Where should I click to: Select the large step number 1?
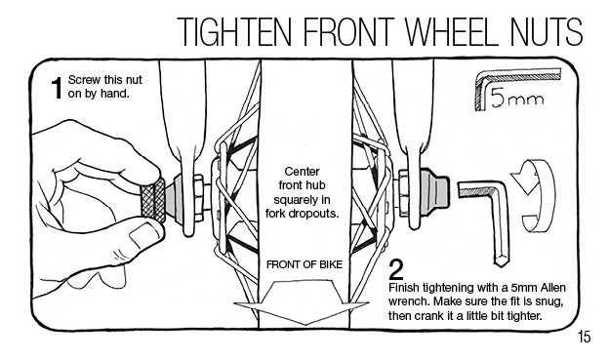(x=57, y=88)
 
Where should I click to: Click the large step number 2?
(x=396, y=270)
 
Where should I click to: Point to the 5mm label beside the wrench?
(x=517, y=98)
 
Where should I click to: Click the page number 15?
(x=585, y=337)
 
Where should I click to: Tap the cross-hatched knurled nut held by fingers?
(x=153, y=201)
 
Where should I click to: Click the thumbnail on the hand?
(x=144, y=234)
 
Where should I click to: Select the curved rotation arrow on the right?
(x=534, y=196)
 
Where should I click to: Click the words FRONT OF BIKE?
(x=304, y=264)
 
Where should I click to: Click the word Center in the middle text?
(x=303, y=172)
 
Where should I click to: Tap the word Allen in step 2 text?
(x=553, y=288)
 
